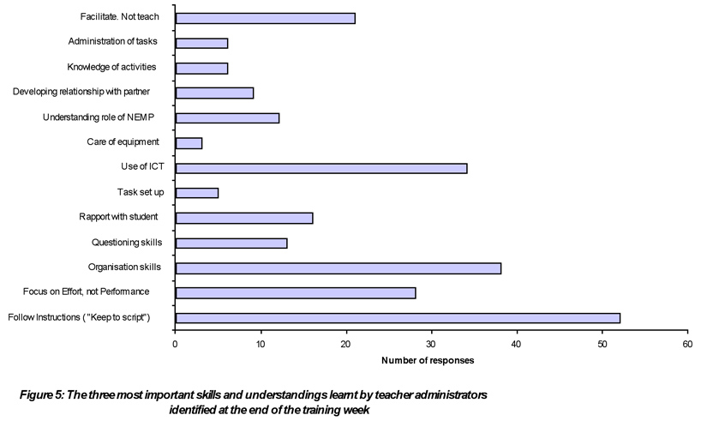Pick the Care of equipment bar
pos(189,142)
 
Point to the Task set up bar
pos(197,192)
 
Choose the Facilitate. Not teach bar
pos(265,17)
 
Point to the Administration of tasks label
pos(112,41)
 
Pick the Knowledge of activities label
pos(112,67)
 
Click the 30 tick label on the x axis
pos(431,344)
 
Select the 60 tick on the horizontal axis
pos(687,344)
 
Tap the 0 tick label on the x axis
pos(176,344)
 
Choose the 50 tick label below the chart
pos(602,344)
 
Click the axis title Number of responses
pos(428,360)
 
